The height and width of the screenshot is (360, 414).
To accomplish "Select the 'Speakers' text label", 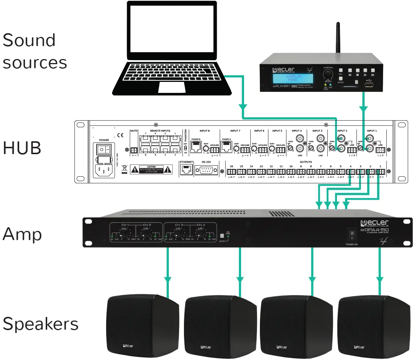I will pos(40,324).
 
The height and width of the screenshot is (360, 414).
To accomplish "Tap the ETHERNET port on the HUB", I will pos(186,169).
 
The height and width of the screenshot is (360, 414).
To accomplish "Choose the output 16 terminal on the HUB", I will pos(232,172).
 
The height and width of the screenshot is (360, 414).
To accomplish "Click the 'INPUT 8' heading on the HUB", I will pos(204,131).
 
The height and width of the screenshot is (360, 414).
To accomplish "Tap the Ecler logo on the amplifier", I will pos(374,223).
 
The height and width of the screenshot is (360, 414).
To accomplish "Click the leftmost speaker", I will pos(143,323).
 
